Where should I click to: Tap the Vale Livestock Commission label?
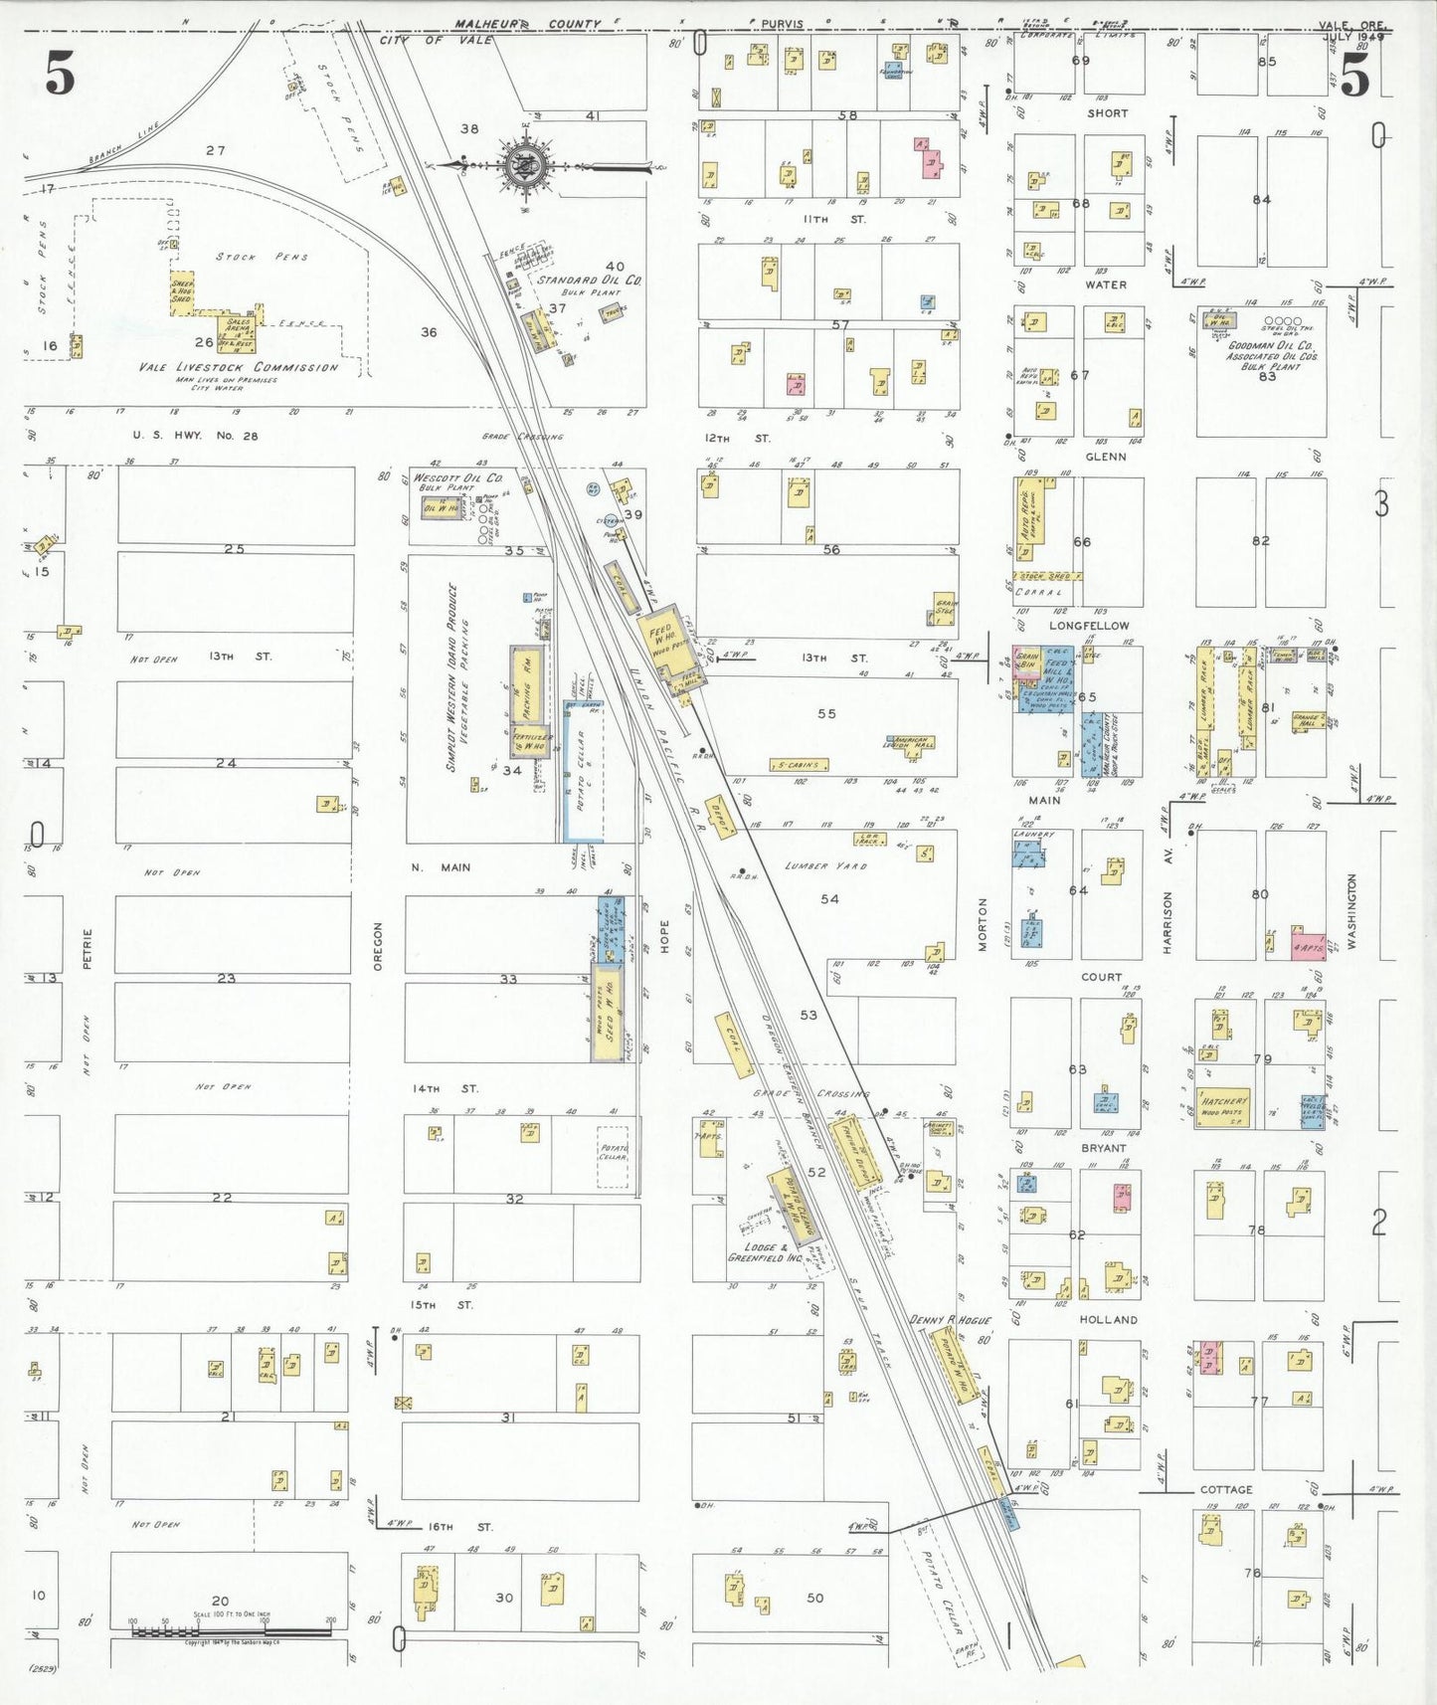tap(239, 367)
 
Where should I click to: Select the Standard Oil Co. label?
tap(590, 281)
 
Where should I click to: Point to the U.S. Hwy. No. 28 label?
tap(196, 436)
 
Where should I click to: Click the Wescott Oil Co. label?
tap(458, 478)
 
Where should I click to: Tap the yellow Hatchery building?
tap(1223, 1105)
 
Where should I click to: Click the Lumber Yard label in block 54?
tap(825, 866)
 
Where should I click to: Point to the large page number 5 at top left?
tap(60, 75)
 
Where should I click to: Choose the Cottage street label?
tap(1226, 1489)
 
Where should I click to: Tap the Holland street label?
tap(1108, 1320)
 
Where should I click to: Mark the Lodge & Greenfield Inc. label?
tap(765, 1252)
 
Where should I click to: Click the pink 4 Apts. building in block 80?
tap(1308, 946)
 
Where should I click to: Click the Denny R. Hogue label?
tap(950, 1320)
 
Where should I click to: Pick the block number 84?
tap(1261, 200)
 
